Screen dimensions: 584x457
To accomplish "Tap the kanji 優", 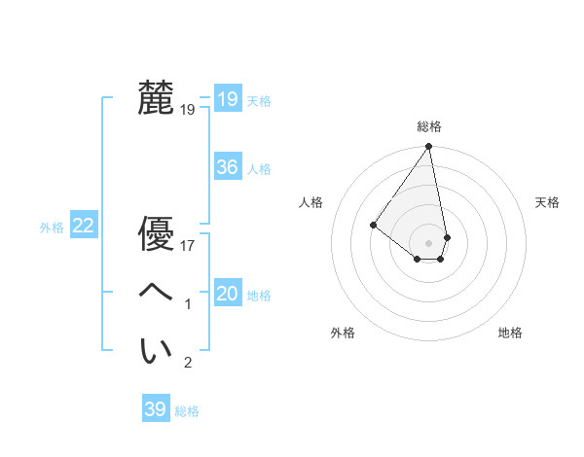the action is point(156,234).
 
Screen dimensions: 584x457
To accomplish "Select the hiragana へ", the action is point(156,292).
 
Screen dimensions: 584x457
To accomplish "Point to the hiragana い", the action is point(156,350).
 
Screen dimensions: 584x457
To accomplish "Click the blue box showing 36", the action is point(228,167).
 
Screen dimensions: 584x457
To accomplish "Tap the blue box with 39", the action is point(156,409).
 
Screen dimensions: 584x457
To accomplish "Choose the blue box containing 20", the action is point(228,294).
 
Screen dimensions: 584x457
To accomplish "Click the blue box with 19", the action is point(228,99).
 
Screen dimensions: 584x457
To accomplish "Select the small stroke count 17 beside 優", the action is point(188,246).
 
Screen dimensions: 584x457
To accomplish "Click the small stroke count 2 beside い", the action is point(188,363).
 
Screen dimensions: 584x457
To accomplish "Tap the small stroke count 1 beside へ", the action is point(188,304).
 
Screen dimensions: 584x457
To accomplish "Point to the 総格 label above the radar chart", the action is point(429,126).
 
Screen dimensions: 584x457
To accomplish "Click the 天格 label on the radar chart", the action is point(548,202).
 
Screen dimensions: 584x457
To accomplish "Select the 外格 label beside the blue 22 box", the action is point(52,228).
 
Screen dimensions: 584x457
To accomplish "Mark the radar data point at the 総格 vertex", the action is point(429,147).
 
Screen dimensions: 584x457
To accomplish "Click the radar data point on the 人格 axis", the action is point(373,225).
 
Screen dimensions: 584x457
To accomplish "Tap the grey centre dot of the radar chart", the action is point(429,242).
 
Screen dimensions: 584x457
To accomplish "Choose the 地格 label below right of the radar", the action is point(510,333).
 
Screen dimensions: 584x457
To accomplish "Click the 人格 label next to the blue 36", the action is point(260,169).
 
